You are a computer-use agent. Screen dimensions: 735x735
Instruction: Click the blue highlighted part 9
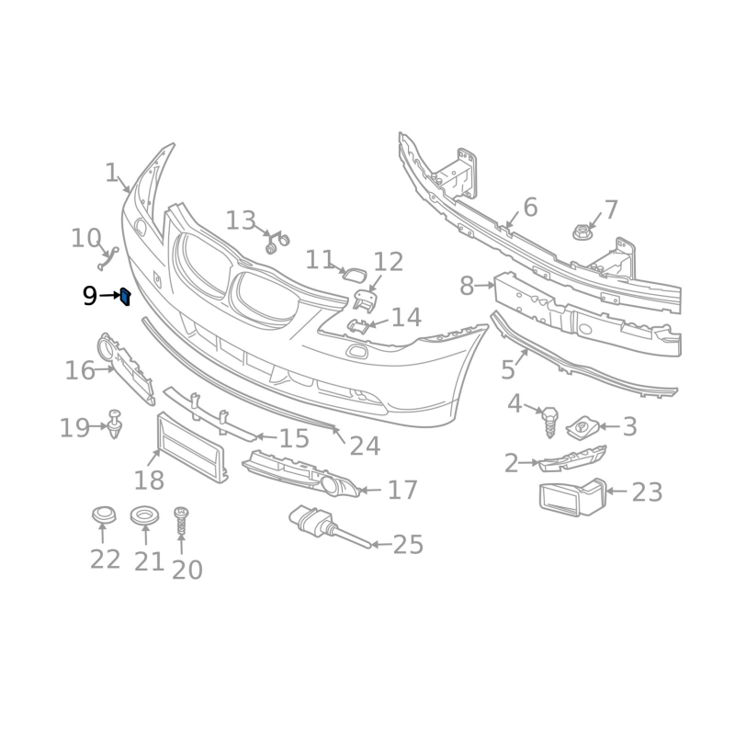126,296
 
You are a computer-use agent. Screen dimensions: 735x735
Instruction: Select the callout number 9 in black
89,296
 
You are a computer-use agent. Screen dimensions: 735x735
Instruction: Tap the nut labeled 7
581,232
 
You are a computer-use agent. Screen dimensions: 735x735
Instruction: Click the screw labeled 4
549,421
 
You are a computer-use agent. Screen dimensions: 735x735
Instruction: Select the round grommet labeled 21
144,516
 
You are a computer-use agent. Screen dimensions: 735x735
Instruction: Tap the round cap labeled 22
103,515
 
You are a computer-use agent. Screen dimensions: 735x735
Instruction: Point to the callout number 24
365,447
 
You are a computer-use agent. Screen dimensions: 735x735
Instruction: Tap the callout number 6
530,208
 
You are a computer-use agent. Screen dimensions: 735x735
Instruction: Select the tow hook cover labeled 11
356,273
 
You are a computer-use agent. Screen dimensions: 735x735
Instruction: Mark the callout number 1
111,173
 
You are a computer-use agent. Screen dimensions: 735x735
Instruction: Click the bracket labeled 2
571,459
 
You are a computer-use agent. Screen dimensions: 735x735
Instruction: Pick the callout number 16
80,370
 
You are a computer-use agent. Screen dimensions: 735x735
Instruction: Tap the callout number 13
241,221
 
